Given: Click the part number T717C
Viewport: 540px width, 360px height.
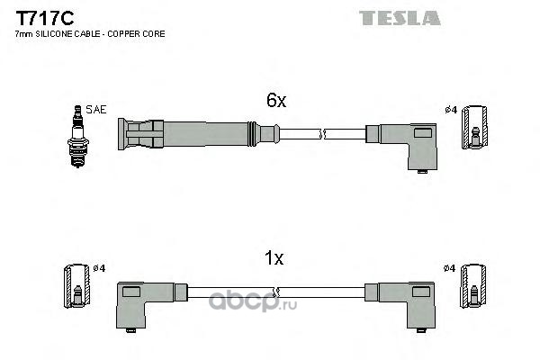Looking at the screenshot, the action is (45, 18).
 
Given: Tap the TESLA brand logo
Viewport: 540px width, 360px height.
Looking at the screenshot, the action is (400, 18).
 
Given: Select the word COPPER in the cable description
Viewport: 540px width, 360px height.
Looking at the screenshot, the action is (121, 34).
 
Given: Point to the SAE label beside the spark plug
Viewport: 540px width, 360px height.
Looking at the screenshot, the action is (96, 110).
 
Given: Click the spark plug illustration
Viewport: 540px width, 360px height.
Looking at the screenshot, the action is (78, 137).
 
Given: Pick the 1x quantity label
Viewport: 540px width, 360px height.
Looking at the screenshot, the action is (274, 257).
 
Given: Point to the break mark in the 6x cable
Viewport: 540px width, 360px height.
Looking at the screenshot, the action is (323, 134).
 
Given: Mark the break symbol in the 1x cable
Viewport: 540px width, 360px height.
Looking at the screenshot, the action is (275, 292).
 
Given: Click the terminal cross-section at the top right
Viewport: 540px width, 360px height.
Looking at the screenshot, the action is (474, 128).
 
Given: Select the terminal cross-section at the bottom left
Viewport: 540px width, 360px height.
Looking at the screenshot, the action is (77, 286).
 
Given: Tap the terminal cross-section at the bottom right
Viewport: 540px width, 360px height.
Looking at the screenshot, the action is (473, 286).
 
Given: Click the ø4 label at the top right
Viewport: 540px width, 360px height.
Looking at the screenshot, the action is (451, 110).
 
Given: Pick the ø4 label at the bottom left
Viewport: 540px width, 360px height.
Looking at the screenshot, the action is (99, 268).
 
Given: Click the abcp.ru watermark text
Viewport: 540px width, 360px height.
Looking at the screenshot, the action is (252, 302).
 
